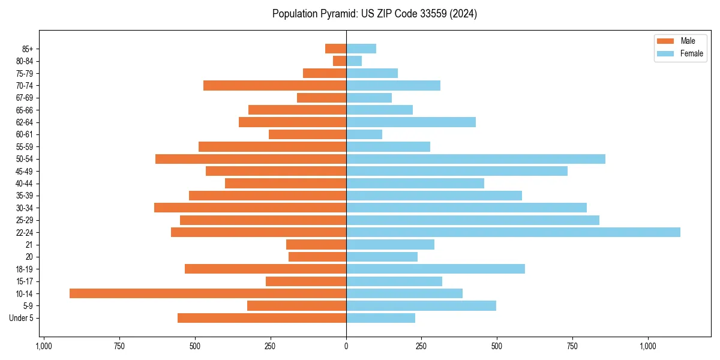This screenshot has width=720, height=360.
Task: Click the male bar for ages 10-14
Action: (x=208, y=293)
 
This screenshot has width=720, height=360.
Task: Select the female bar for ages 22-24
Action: (x=513, y=232)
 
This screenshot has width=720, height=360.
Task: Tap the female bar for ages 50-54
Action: (x=476, y=159)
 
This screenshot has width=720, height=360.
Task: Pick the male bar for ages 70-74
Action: (x=275, y=86)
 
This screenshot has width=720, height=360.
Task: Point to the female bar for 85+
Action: (x=361, y=49)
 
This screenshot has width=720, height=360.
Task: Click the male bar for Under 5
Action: (x=262, y=318)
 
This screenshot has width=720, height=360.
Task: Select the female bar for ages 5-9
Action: (x=421, y=306)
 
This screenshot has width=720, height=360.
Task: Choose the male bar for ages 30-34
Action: (x=250, y=208)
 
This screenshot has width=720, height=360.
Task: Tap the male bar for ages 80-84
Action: (x=340, y=61)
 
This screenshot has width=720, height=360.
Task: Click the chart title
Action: (x=374, y=14)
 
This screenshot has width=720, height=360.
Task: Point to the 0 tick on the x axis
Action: (x=346, y=346)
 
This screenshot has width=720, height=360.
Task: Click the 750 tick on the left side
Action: (x=119, y=346)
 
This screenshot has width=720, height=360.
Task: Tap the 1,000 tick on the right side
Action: (x=648, y=346)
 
